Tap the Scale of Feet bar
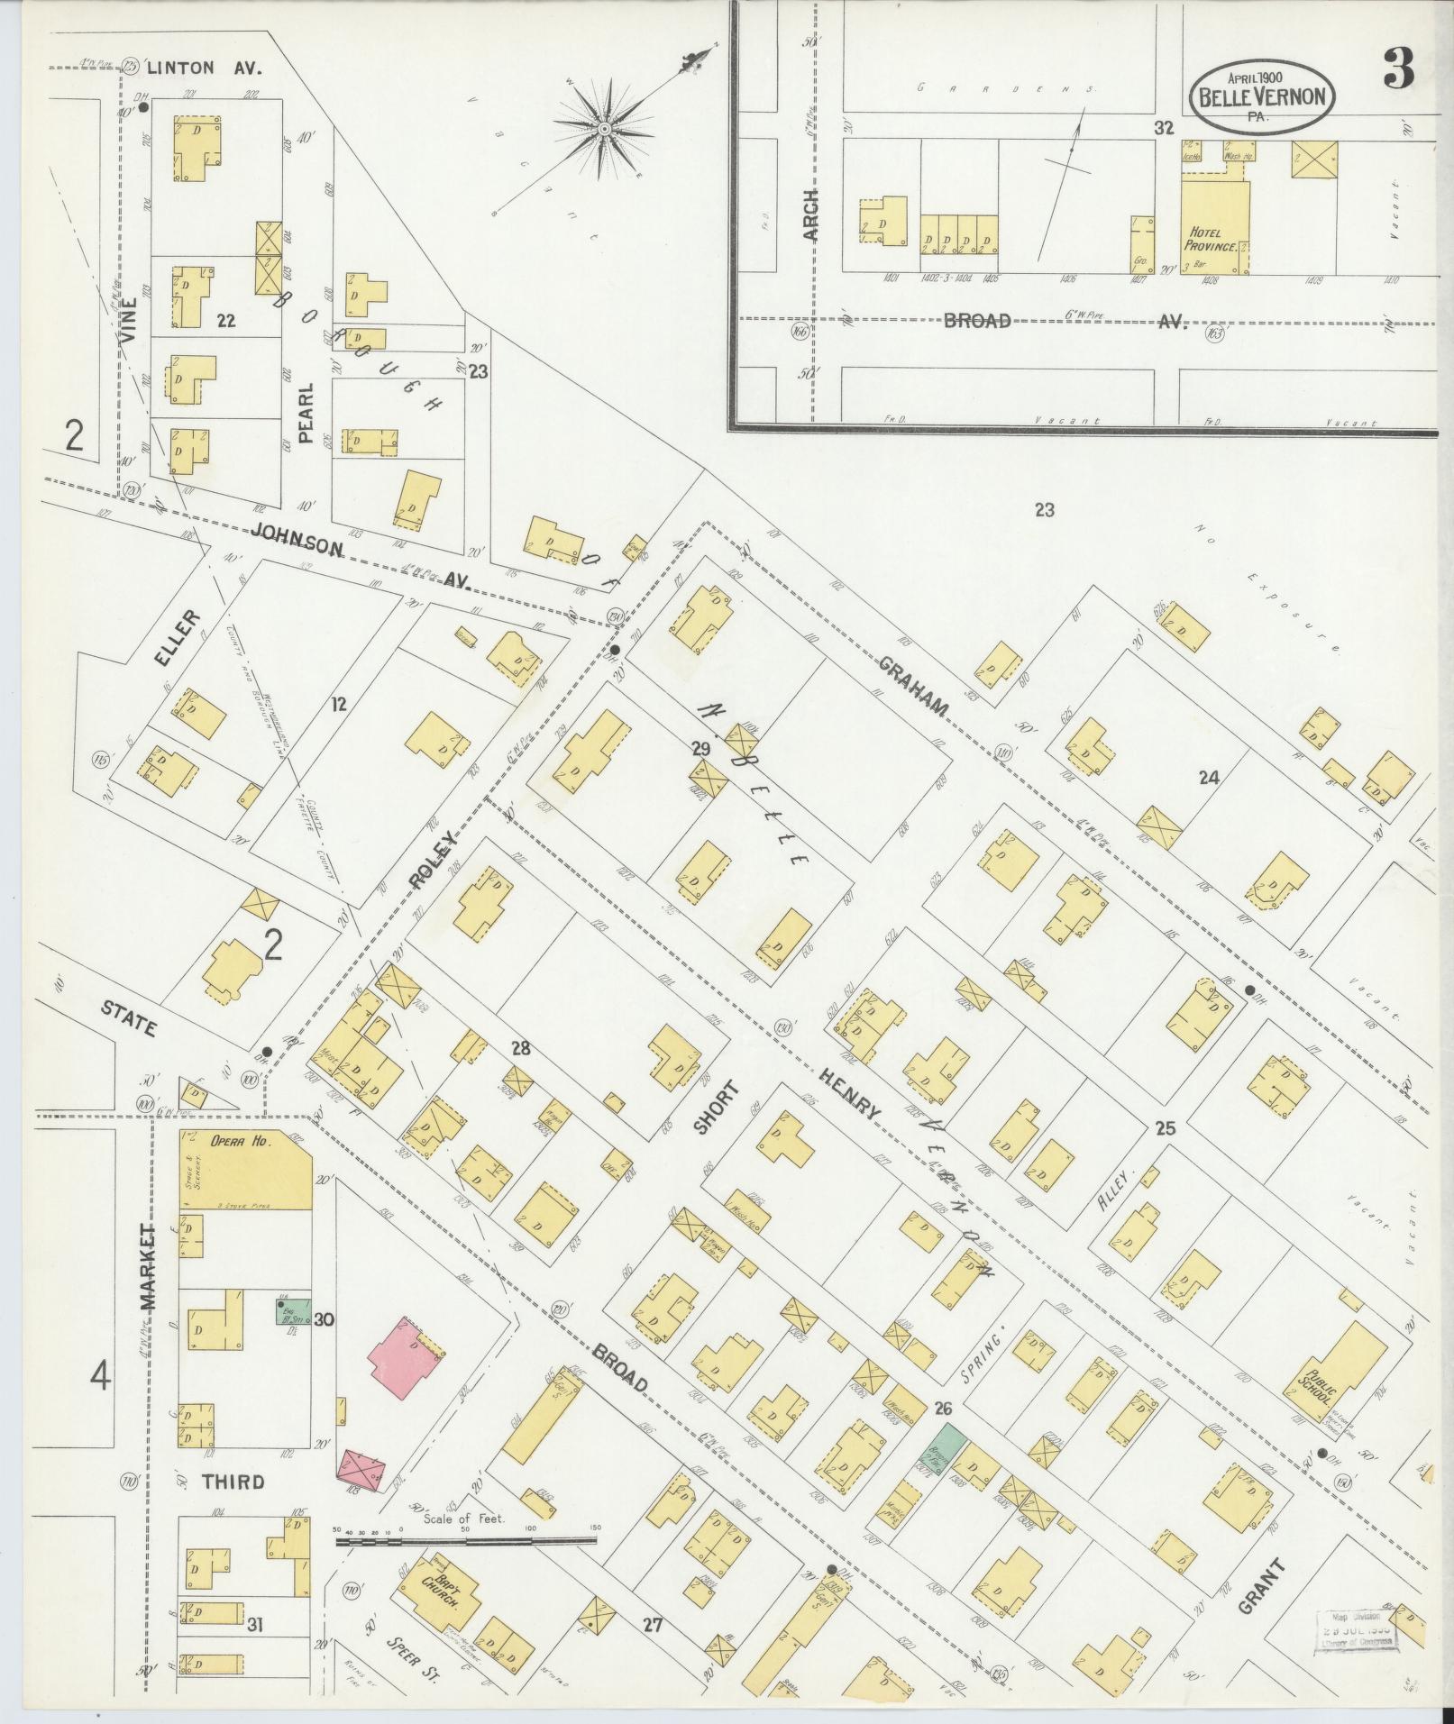[x=466, y=1540]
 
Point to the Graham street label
[x=912, y=686]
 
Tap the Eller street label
[x=176, y=637]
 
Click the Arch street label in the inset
[x=809, y=214]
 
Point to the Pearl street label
[x=306, y=413]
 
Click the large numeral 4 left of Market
[x=100, y=1377]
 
